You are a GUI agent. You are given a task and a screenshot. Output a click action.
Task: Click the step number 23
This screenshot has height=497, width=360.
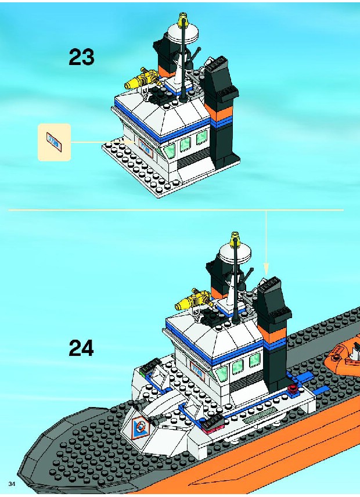[x=81, y=57]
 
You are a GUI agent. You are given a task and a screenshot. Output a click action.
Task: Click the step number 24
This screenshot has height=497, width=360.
[x=81, y=348]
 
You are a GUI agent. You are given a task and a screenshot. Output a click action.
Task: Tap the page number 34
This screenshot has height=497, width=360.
[x=12, y=484]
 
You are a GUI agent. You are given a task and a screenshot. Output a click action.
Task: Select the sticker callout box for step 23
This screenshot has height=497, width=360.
[x=54, y=142]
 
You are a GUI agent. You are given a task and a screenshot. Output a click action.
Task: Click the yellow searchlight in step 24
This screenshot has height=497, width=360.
[x=193, y=300]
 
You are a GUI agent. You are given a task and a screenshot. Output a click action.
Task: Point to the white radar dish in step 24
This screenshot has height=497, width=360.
[x=235, y=253]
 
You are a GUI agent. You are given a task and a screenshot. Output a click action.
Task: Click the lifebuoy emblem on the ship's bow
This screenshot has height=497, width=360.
[x=139, y=426]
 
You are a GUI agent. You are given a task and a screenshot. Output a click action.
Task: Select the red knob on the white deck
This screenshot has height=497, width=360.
[x=293, y=388]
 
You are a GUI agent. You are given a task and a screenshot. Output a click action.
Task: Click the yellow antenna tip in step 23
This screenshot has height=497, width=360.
[x=183, y=20]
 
